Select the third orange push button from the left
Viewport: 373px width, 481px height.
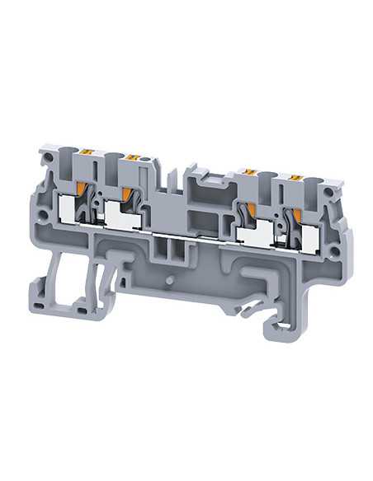pyautogui.click(x=245, y=170)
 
